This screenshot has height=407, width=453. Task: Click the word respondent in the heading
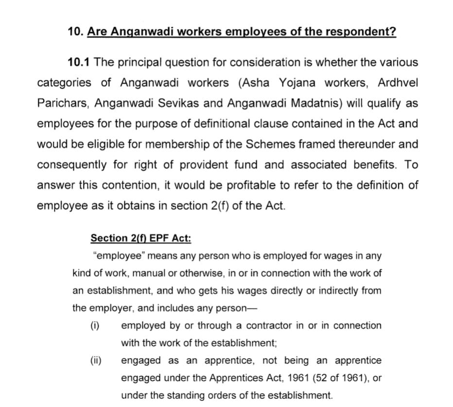coord(361,32)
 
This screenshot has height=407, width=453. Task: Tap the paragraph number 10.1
coord(79,62)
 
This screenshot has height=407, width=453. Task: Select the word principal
coord(138,62)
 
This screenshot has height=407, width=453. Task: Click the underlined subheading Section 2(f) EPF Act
coord(140,238)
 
